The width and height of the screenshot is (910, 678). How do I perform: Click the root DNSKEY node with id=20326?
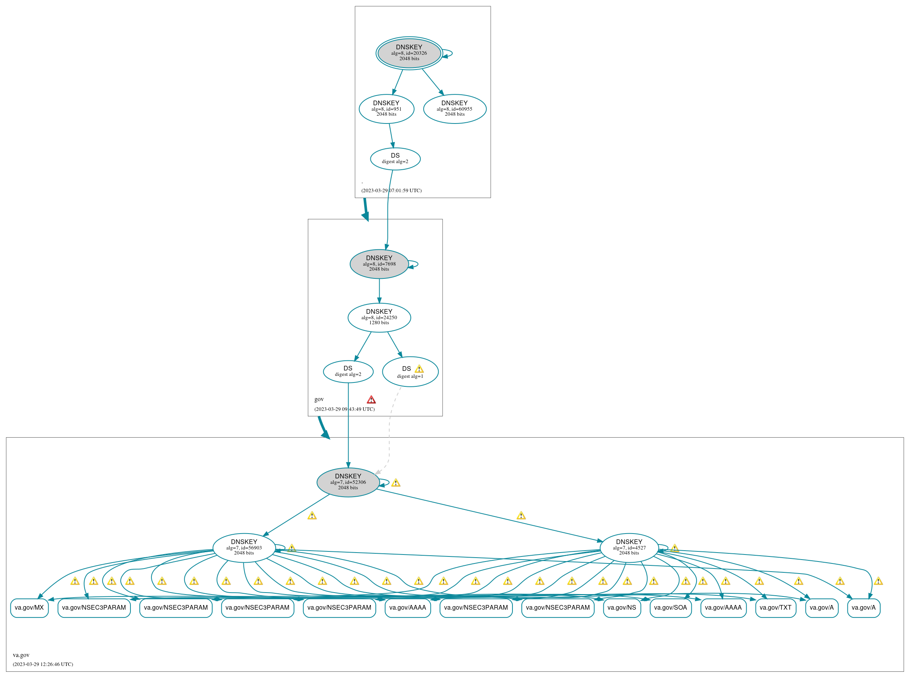click(x=409, y=53)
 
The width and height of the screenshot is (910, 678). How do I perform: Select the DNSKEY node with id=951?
click(x=387, y=109)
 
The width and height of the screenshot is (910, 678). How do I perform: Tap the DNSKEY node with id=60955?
click(x=455, y=109)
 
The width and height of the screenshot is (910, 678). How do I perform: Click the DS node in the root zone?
click(x=395, y=159)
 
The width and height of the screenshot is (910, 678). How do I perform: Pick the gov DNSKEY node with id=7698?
click(x=379, y=264)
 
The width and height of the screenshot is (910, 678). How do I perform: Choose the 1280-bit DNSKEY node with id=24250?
click(x=379, y=317)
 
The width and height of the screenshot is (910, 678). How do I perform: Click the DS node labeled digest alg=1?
click(x=410, y=372)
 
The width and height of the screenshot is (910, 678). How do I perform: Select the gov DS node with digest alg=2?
click(x=348, y=371)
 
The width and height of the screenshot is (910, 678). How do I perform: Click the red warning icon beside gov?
click(x=371, y=400)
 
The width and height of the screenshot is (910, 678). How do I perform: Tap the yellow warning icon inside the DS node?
click(x=419, y=369)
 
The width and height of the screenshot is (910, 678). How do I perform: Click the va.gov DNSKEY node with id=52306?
click(x=348, y=482)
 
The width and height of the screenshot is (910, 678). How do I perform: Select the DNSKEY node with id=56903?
click(x=244, y=548)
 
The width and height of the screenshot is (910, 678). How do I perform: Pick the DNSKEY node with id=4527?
click(x=629, y=548)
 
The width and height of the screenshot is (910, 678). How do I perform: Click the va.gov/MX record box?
click(x=30, y=608)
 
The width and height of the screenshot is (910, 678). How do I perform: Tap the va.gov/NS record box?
click(x=622, y=608)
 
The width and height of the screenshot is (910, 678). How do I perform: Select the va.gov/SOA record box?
click(x=671, y=608)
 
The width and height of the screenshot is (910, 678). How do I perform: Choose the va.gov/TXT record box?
click(x=776, y=608)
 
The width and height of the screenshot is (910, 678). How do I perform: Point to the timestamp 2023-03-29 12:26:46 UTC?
click(x=43, y=664)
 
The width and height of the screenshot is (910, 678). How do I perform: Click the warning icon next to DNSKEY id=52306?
click(x=396, y=483)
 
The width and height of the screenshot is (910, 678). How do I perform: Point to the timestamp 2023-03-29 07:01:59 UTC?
click(x=391, y=190)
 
